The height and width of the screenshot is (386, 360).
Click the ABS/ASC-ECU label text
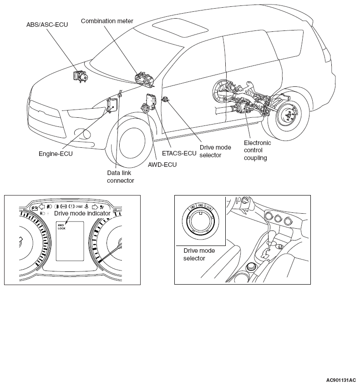(47, 24)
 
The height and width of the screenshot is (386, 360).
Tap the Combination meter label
(103, 21)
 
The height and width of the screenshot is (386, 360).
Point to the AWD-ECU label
(162, 165)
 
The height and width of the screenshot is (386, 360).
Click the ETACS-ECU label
(180, 153)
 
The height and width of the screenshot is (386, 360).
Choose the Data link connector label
(120, 176)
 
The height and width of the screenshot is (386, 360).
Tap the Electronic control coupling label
(257, 150)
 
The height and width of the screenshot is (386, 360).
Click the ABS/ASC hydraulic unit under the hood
(81, 76)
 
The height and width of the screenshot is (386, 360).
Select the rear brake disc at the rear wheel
(287, 116)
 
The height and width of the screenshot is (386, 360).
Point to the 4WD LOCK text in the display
(62, 226)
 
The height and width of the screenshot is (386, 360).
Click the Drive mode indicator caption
(82, 213)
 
